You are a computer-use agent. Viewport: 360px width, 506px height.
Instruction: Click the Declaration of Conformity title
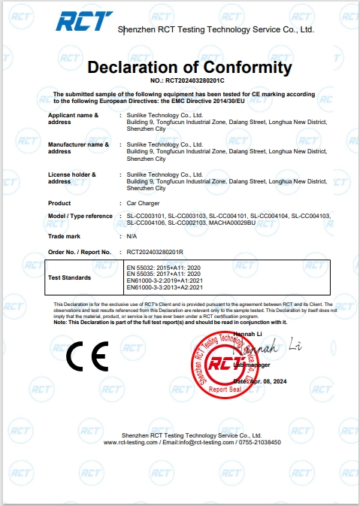coord(189,67)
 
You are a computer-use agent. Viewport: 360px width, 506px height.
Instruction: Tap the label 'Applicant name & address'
coord(73,118)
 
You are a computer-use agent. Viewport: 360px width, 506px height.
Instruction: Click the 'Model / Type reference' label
coord(80,217)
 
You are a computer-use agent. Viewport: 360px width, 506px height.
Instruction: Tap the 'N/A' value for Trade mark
coord(132,236)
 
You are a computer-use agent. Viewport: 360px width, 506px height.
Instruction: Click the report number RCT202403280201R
coord(156,252)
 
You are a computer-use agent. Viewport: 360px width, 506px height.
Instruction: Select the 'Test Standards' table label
coord(69,277)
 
